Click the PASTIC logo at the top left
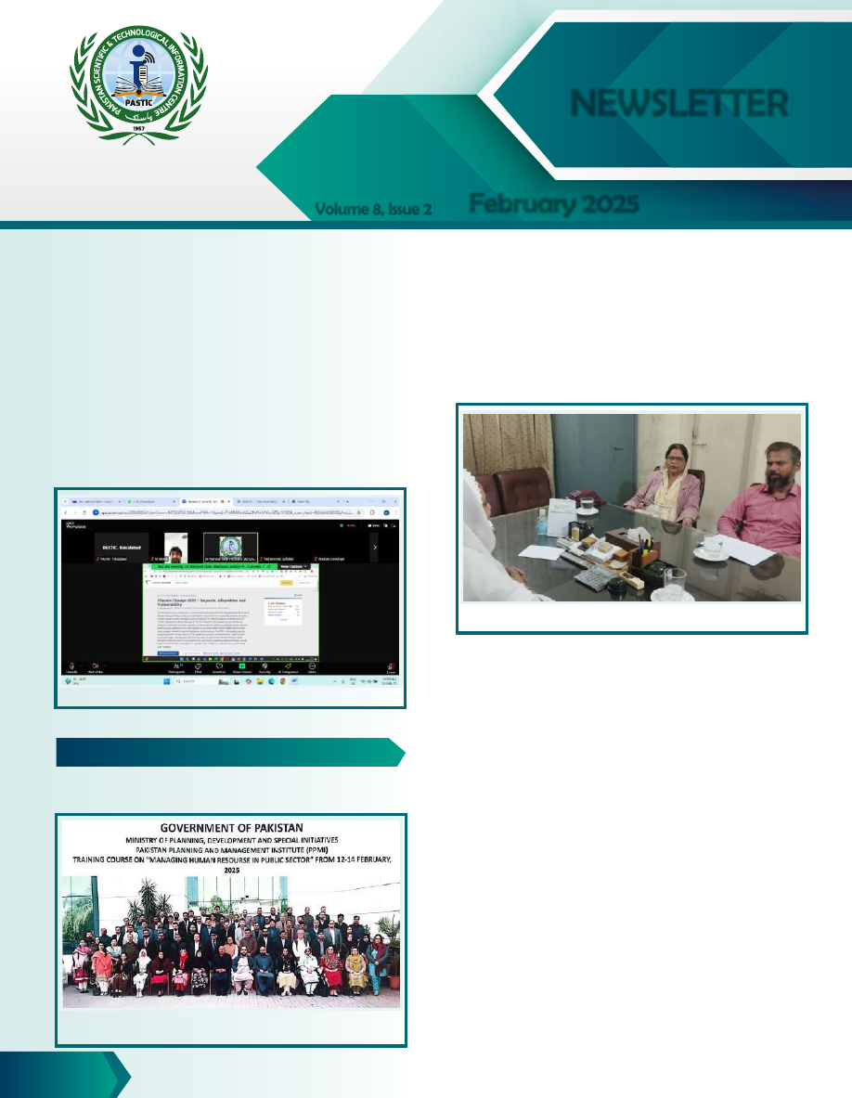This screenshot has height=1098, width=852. click(139, 86)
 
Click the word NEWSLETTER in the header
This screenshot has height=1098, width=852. click(679, 103)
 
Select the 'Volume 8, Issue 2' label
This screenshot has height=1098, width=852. click(373, 210)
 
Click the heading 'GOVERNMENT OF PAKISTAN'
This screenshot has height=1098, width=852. click(231, 827)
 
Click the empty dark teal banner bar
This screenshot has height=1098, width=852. click(230, 752)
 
